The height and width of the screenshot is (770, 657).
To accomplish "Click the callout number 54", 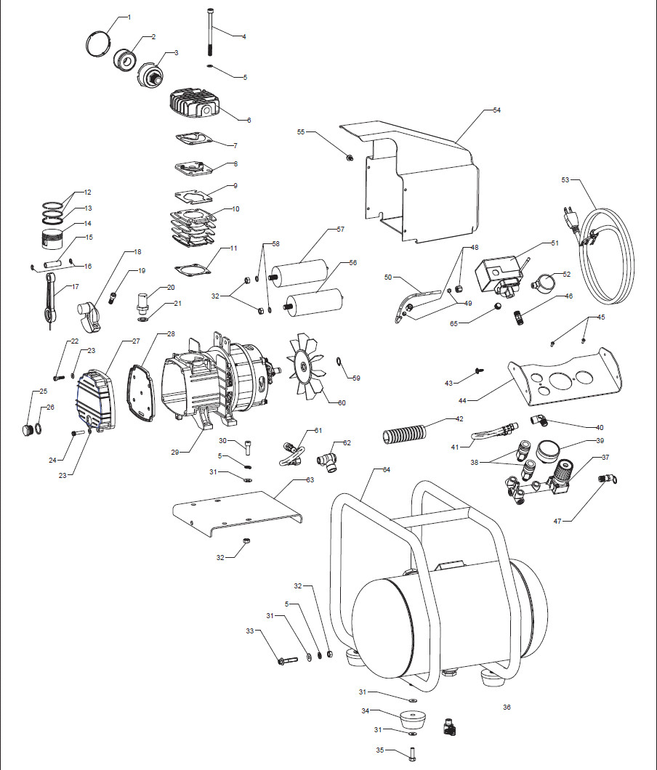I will [496, 110].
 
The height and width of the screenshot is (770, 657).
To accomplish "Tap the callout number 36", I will [507, 707].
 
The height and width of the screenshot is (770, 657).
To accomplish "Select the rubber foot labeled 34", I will [413, 722].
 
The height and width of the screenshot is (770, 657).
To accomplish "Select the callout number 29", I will [175, 452].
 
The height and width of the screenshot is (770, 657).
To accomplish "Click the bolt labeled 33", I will [287, 660].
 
